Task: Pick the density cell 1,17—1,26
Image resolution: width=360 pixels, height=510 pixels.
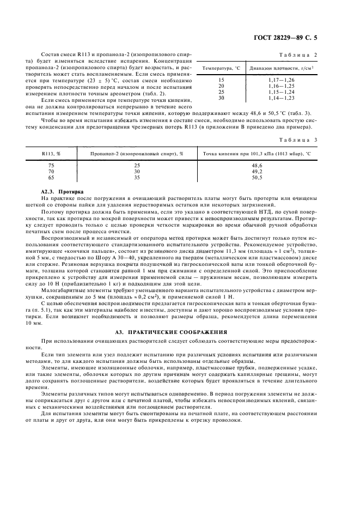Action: (x=281, y=81)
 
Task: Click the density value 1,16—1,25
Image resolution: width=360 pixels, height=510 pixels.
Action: (x=281, y=86)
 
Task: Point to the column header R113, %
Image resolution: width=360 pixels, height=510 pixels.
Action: (x=51, y=154)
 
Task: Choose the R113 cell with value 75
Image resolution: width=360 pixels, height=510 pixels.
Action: (x=51, y=165)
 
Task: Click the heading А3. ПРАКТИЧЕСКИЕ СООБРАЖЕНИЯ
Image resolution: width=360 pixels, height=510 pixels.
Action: (x=179, y=332)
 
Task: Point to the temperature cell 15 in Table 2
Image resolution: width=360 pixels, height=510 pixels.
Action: (x=221, y=81)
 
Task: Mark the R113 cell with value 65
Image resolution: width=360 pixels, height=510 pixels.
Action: (x=51, y=177)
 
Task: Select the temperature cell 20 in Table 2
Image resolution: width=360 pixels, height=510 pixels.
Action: (x=221, y=86)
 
